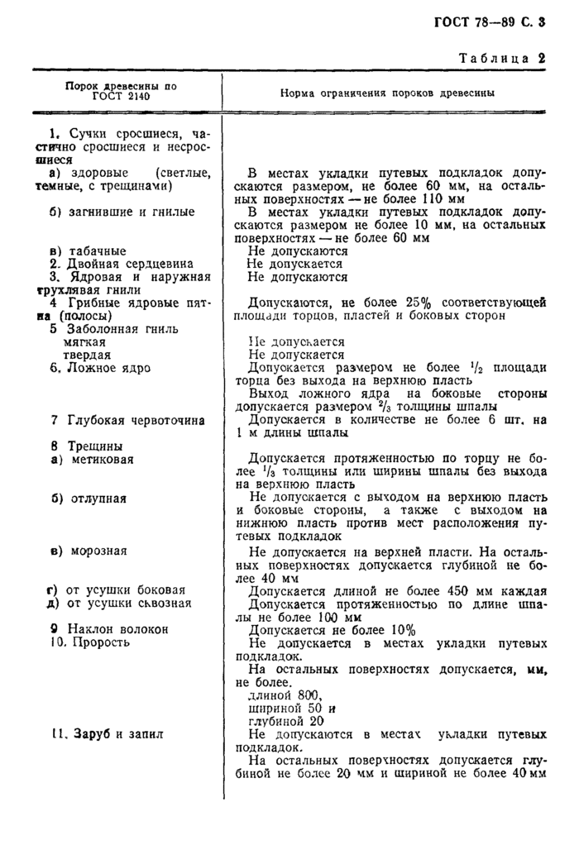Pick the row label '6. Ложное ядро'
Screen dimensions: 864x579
(99, 367)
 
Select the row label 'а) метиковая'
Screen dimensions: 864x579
(91, 459)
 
